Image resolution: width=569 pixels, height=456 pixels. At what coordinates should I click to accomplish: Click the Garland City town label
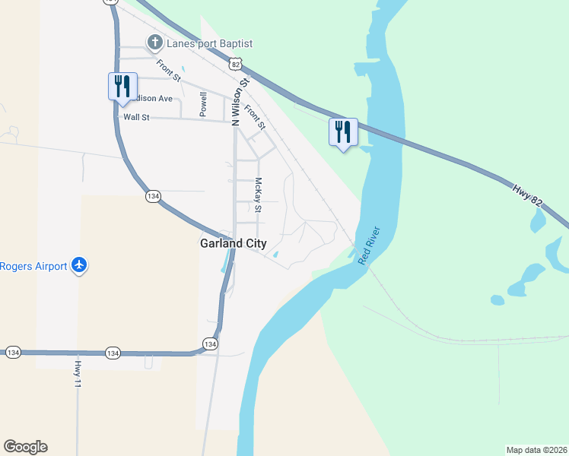pos(233,244)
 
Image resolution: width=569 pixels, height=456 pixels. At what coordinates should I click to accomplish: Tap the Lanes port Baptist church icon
pos(155,43)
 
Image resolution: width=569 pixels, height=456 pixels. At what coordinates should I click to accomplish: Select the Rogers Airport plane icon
pos(79,266)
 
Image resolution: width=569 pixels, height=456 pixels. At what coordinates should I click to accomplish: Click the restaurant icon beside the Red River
pos(343,132)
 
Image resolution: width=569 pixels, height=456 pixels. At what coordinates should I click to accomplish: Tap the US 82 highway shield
pos(237,63)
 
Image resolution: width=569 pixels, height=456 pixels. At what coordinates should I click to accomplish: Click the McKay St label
pos(259,195)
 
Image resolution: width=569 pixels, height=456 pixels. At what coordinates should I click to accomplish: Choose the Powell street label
pos(203,104)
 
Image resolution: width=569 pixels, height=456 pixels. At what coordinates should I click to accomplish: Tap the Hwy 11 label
pos(77,375)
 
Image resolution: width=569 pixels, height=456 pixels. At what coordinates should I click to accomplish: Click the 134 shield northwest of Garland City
pos(153,196)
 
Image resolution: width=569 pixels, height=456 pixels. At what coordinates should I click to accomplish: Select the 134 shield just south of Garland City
pos(210,344)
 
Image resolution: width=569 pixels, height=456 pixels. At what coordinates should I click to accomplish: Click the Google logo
pos(25,447)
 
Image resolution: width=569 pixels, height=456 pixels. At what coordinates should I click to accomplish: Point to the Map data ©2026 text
pos(536,449)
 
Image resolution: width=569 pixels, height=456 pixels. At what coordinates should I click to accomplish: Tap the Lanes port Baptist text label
pos(209,43)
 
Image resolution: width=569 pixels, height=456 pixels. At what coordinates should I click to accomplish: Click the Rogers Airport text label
pos(33,266)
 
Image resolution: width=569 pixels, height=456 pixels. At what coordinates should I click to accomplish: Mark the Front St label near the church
pos(170,71)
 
